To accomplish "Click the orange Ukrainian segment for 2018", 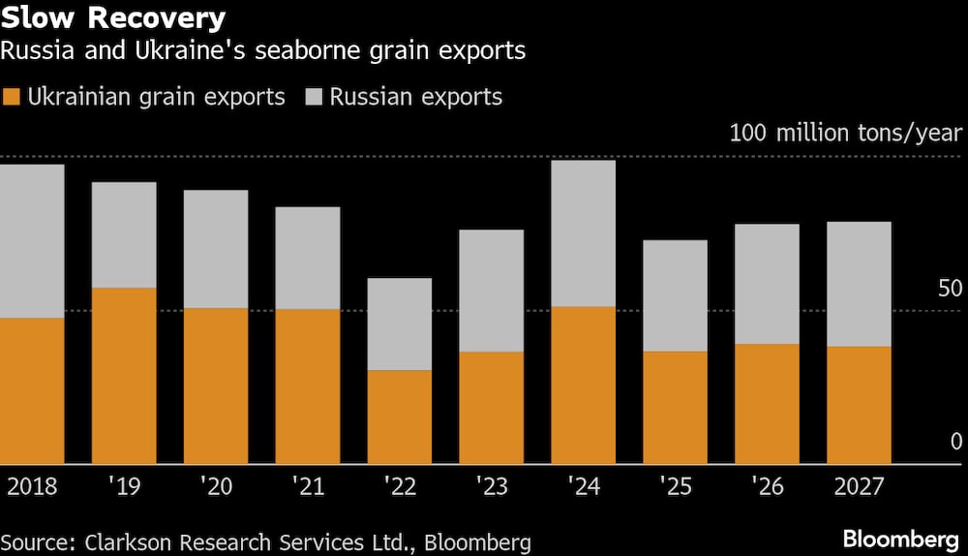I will click(x=32, y=390).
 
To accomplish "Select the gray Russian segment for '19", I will click(x=124, y=234).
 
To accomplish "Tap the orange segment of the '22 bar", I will click(x=400, y=417).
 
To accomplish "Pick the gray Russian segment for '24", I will click(x=584, y=233).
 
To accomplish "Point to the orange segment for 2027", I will click(x=859, y=405).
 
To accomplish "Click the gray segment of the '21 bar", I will click(x=308, y=258).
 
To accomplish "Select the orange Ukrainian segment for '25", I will click(x=675, y=407).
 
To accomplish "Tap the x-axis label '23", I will click(x=492, y=486).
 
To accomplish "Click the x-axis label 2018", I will click(x=32, y=486).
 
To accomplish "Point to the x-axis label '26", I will click(x=767, y=486).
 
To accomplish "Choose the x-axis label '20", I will click(x=216, y=486).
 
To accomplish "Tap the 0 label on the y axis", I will click(x=956, y=442).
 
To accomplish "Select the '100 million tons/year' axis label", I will click(x=845, y=133).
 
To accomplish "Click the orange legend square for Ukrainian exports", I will click(x=12, y=97).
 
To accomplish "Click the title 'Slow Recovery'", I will click(x=114, y=17).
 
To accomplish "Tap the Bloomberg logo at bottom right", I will click(x=901, y=539).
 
